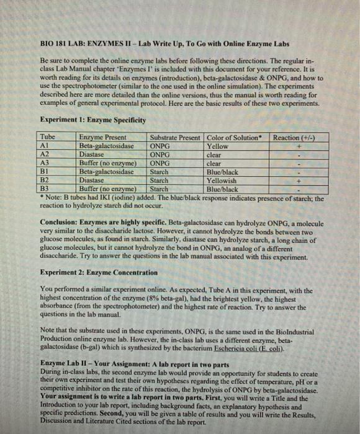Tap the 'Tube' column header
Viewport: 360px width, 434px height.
click(x=48, y=137)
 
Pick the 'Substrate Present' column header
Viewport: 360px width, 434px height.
click(x=176, y=137)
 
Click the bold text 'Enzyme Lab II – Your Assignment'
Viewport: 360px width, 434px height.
click(x=101, y=361)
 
